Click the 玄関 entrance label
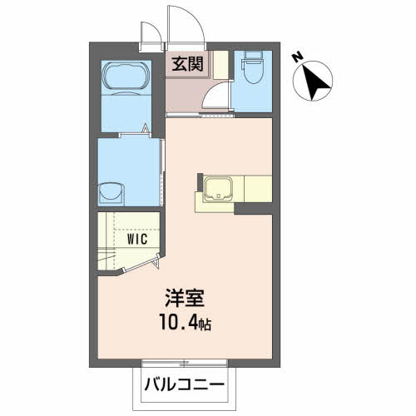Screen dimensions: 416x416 [x=187, y=64]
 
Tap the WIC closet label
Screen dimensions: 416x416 [x=137, y=239]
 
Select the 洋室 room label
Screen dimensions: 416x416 [x=185, y=298]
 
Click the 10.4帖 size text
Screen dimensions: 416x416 [x=186, y=322]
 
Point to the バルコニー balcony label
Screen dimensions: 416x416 [x=184, y=384]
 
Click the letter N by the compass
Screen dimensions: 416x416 [x=297, y=57]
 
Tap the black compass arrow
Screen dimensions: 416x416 [x=314, y=82]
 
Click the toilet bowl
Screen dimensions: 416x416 [x=252, y=73]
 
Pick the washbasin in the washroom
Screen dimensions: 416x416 [x=111, y=194]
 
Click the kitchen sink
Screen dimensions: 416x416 [x=218, y=188]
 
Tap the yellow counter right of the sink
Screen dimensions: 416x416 [x=258, y=189]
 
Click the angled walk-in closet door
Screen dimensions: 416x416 [x=141, y=262]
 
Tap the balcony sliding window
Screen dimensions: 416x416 [x=185, y=363]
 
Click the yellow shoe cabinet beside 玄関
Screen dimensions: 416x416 [x=221, y=65]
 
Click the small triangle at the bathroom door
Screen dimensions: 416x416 [x=146, y=128]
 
